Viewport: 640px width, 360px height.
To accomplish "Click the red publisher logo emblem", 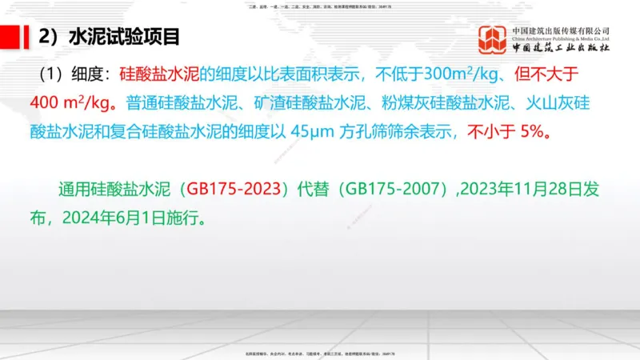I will tap(492, 38).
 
